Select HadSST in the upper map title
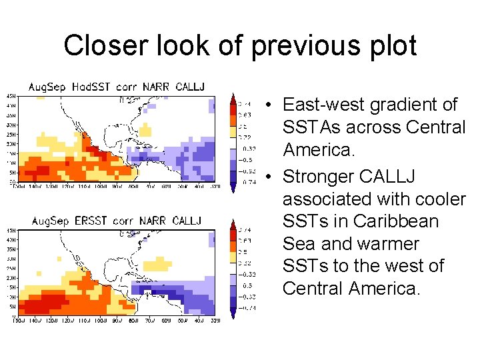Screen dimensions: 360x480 [90, 87]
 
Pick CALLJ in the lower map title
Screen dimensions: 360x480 [186, 221]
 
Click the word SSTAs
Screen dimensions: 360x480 [317, 127]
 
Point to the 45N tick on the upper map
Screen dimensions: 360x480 [11, 96]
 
